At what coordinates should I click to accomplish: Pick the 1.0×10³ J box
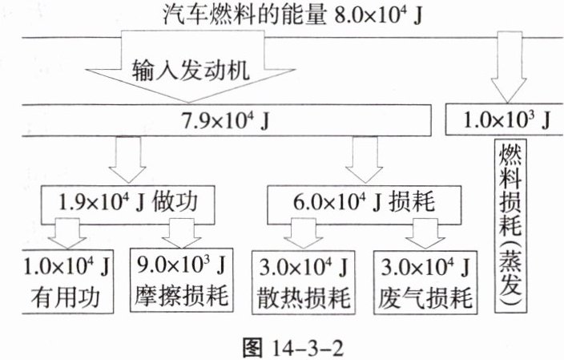point(502,120)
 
